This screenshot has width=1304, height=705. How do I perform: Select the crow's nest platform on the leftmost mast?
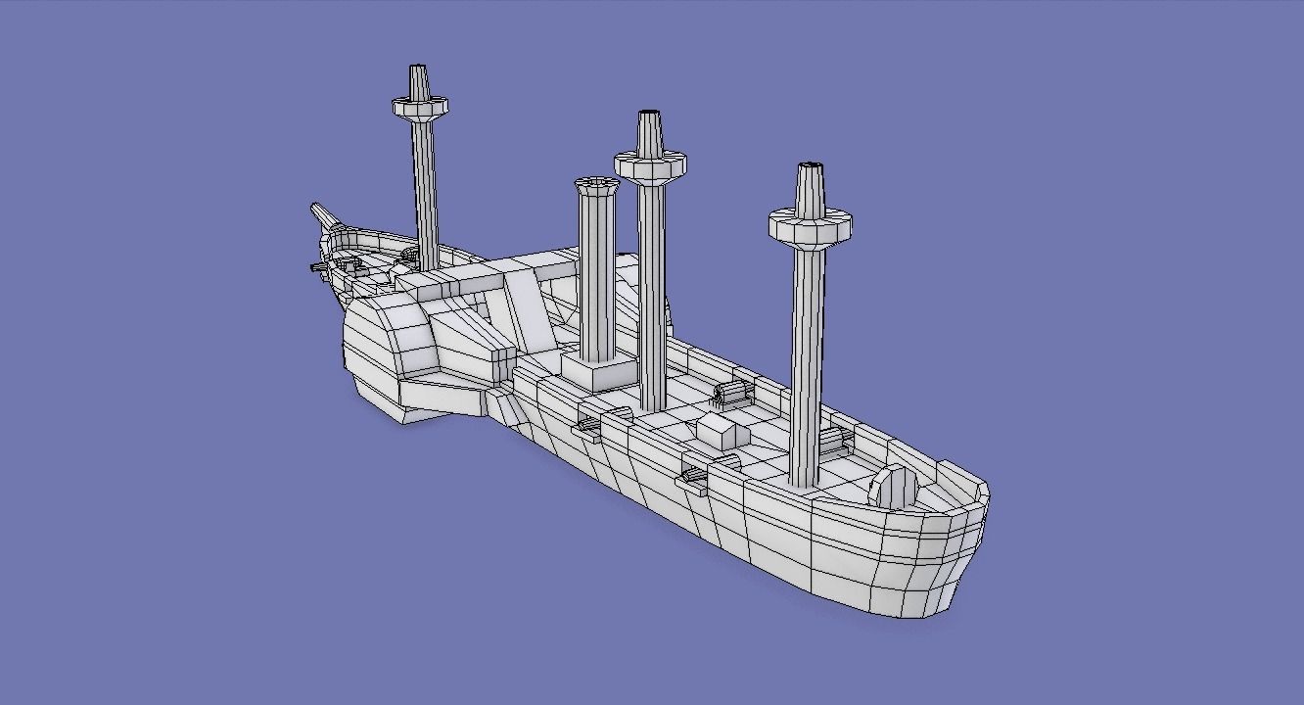pos(420,107)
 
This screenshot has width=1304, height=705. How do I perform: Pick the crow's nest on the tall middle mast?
pos(649,165)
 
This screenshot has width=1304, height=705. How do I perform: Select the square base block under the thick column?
pos(598,371)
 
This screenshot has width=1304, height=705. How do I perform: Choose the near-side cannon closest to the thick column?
pos(589,424)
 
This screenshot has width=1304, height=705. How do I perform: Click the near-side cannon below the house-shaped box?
pos(692,475)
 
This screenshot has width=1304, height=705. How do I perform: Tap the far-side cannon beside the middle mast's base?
pos(732,394)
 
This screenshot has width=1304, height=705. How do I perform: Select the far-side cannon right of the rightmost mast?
pos(833,442)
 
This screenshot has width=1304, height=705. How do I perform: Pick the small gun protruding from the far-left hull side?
pos(319,267)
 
